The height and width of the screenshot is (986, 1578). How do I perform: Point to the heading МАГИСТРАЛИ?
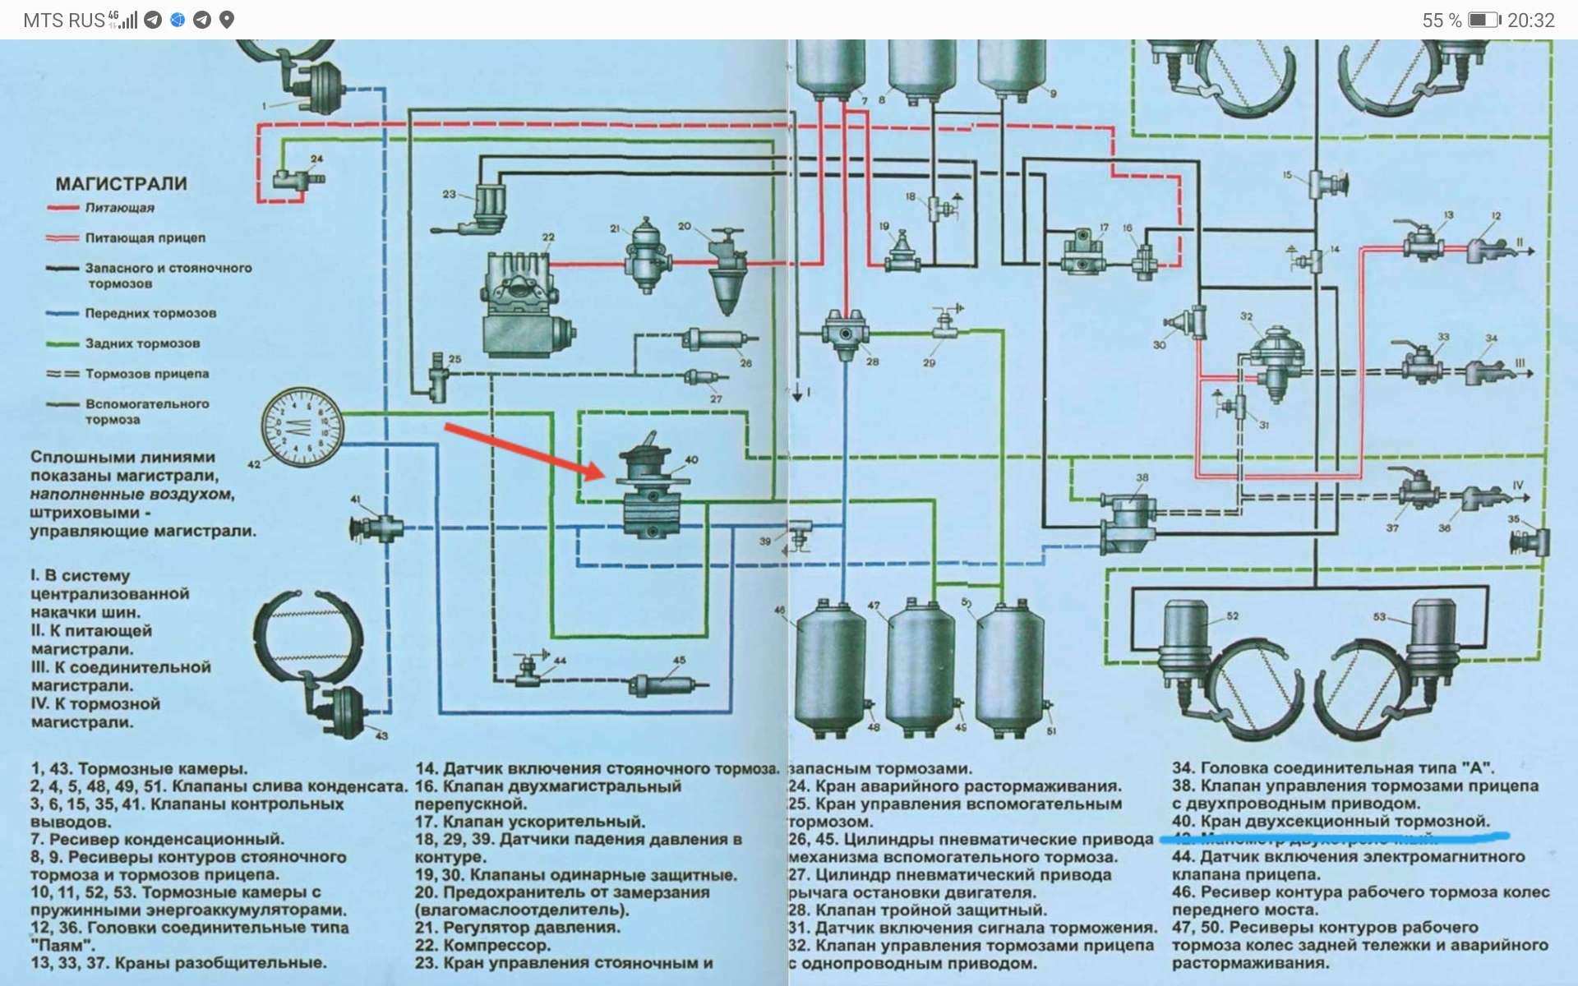(121, 184)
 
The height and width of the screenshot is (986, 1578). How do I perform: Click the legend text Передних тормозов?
(150, 313)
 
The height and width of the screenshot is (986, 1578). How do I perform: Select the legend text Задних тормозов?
(142, 343)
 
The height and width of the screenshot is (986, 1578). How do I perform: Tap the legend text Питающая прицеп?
(145, 237)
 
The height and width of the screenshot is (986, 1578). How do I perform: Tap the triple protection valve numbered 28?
(844, 334)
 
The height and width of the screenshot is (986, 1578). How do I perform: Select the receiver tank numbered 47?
(920, 666)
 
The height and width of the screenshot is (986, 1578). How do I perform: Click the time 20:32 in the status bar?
(1530, 21)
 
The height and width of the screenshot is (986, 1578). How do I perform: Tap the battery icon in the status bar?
(1484, 21)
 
